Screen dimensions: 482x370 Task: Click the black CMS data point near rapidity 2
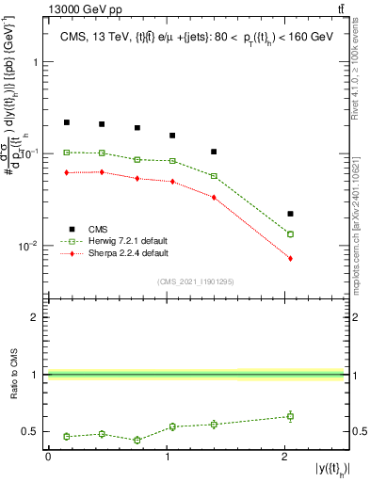coord(290,214)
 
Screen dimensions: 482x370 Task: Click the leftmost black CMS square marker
coord(67,122)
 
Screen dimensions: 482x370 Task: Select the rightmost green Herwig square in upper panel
coord(290,234)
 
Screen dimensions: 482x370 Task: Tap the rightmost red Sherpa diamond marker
coord(290,258)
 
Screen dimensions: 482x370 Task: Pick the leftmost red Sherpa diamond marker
coord(67,172)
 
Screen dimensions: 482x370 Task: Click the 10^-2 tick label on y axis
coord(29,247)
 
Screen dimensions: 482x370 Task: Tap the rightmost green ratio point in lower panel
coord(290,416)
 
